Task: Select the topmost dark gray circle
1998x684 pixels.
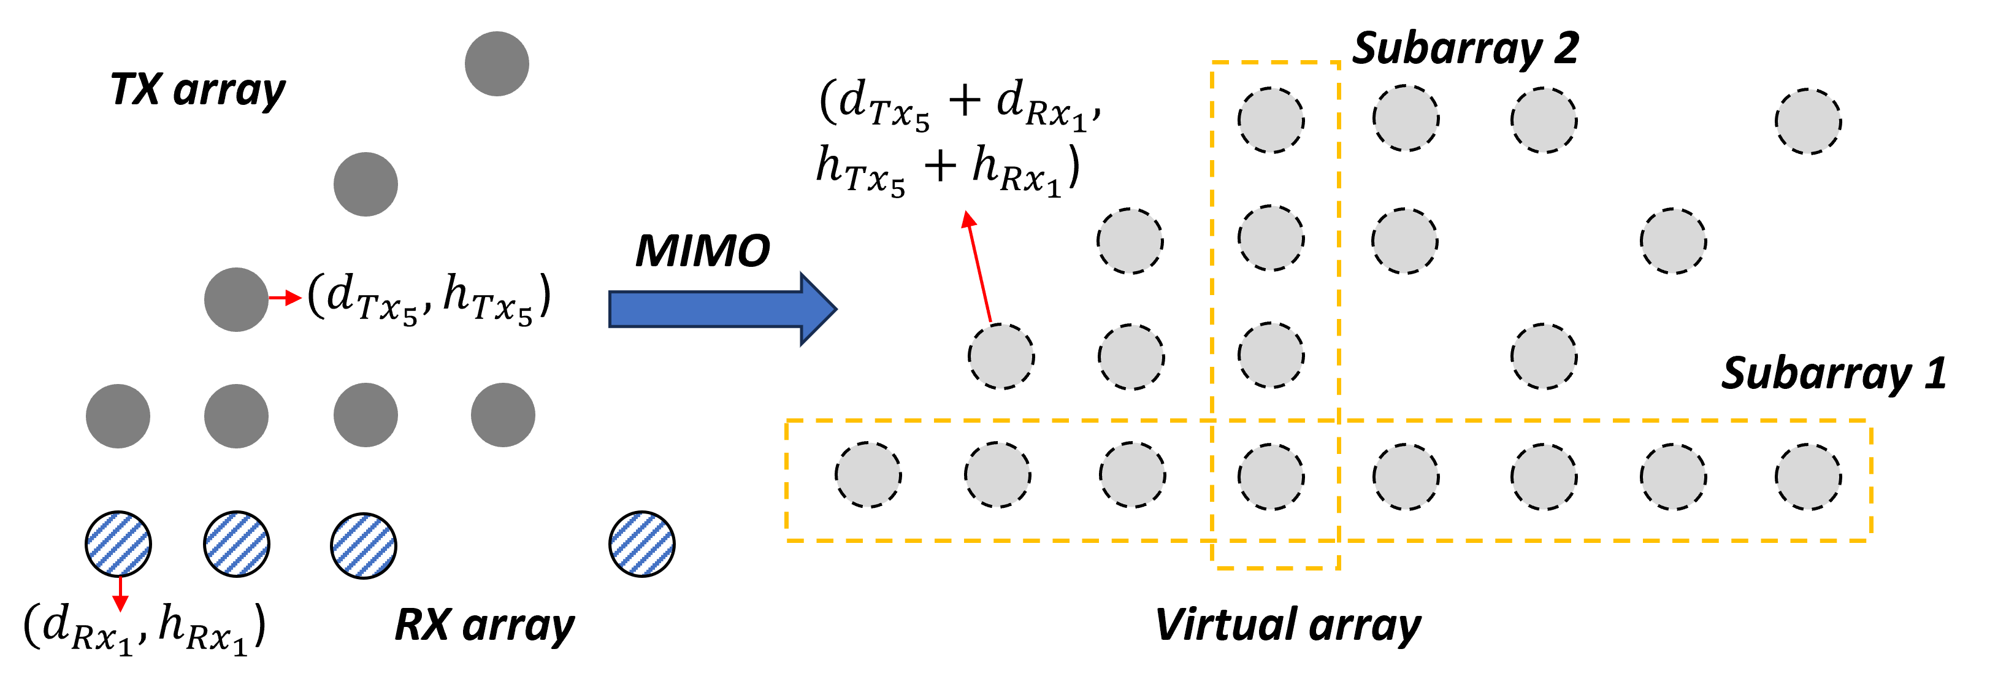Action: (x=496, y=64)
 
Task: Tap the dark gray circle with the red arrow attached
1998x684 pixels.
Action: (x=235, y=299)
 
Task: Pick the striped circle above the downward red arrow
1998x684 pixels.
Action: (x=118, y=544)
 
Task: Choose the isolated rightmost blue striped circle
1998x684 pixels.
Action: (x=641, y=544)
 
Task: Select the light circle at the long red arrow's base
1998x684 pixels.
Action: (x=1001, y=356)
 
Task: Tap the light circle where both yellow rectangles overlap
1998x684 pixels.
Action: (x=1271, y=476)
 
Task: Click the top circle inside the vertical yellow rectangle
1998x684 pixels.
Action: (x=1271, y=120)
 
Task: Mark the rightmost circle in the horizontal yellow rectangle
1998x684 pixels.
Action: (x=1808, y=476)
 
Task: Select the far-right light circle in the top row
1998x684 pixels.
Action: (x=1808, y=121)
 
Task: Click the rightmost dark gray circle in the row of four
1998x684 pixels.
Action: (x=503, y=415)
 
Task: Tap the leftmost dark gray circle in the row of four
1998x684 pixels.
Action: (x=118, y=416)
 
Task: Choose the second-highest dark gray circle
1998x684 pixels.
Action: (x=366, y=184)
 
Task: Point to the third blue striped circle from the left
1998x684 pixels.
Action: (x=363, y=545)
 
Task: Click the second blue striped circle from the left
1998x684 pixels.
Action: (x=237, y=544)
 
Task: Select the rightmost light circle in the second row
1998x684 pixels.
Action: (x=1673, y=240)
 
